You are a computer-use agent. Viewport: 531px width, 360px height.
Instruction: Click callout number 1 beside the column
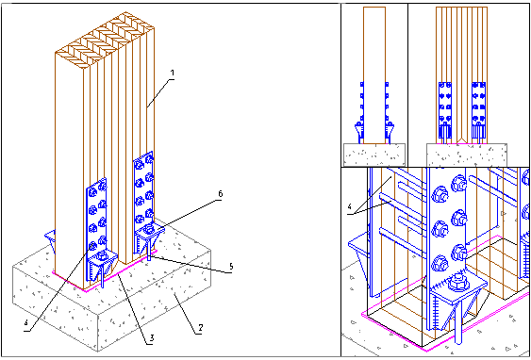[172, 73]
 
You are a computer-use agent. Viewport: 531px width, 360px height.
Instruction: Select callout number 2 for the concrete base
[201, 328]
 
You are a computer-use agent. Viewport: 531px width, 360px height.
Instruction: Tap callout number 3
[152, 337]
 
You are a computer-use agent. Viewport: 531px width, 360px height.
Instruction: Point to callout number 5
[231, 267]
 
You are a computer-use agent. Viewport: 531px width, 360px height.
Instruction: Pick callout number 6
[220, 194]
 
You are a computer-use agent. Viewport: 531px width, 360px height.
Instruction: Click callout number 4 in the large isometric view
[26, 322]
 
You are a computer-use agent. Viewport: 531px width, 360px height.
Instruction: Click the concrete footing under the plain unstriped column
[374, 155]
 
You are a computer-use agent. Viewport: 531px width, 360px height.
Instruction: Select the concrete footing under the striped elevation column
[466, 155]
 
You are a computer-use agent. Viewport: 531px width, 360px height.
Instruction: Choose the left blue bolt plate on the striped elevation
[445, 109]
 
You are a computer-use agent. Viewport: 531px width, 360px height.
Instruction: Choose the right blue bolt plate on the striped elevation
[478, 109]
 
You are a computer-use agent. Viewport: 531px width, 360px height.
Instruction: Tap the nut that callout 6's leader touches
[148, 230]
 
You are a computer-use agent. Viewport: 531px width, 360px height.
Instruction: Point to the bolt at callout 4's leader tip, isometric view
[92, 245]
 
